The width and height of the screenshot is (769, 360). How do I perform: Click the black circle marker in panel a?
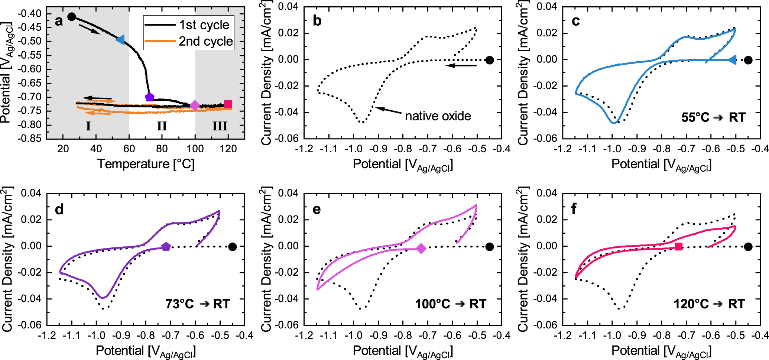(x=72, y=17)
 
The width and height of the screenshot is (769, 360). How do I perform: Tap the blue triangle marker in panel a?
(x=120, y=40)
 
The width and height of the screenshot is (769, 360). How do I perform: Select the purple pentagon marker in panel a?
(x=149, y=97)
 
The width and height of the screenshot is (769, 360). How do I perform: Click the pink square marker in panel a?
(x=228, y=104)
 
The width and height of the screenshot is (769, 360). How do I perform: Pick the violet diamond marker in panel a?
(x=195, y=106)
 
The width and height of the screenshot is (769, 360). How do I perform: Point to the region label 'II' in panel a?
(x=162, y=126)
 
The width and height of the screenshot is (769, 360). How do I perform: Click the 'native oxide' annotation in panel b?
(x=438, y=116)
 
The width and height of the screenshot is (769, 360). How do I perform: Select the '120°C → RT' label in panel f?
(x=709, y=304)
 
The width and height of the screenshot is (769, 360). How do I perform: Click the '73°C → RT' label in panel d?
(x=198, y=304)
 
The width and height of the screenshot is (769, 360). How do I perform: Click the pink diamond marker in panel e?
(x=421, y=249)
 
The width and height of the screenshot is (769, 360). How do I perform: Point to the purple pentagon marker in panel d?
(x=166, y=247)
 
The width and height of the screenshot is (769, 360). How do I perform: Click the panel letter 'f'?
(x=574, y=209)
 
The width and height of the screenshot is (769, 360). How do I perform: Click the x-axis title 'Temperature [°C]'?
(x=146, y=164)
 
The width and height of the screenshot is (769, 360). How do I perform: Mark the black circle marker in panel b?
(x=490, y=60)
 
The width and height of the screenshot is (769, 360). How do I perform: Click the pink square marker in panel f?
(x=678, y=247)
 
